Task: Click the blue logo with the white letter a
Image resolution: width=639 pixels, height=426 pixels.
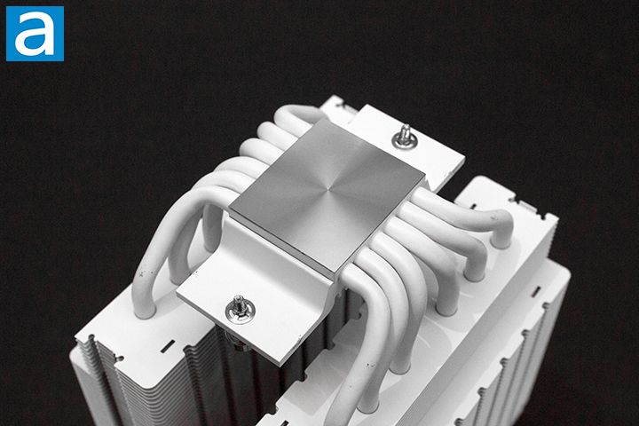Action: click(x=35, y=34)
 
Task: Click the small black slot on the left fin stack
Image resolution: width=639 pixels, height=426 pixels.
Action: click(x=167, y=345)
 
